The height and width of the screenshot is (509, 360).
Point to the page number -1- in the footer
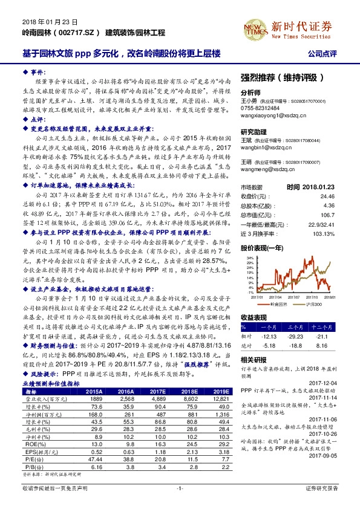pos(180,503)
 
